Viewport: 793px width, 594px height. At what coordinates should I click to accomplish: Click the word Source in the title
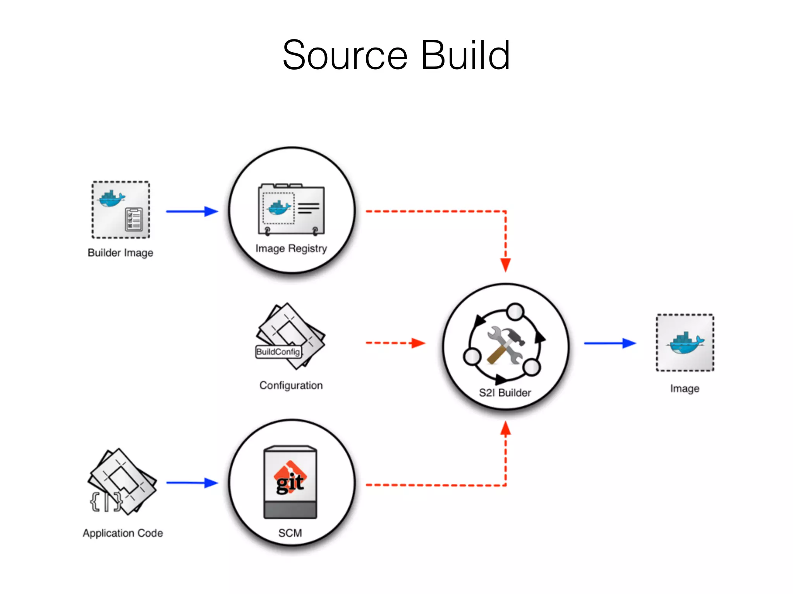[x=345, y=56]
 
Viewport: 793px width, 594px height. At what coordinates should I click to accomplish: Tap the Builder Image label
[x=120, y=253]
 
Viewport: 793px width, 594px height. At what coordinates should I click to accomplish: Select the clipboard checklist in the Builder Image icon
[x=134, y=219]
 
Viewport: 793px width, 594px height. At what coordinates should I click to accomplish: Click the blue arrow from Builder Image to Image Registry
[x=192, y=212]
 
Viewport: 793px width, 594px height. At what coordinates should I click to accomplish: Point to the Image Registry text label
[x=291, y=248]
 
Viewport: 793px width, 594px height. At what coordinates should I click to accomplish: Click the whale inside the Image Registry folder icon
[x=279, y=208]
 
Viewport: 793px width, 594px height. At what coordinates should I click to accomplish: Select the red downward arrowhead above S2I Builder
[x=505, y=265]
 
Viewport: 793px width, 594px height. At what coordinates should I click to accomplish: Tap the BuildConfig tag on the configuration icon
[x=278, y=352]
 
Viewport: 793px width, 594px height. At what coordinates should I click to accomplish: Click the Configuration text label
[x=291, y=386]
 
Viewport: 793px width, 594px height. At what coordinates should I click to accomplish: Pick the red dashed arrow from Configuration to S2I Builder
[x=395, y=343]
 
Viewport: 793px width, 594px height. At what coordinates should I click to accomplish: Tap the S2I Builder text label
[x=505, y=393]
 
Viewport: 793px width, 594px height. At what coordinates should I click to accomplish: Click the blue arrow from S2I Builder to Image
[x=609, y=343]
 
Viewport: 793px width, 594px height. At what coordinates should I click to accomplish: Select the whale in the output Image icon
[x=685, y=343]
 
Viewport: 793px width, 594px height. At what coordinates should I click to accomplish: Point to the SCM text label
[x=290, y=533]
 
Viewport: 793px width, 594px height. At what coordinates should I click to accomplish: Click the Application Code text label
[x=123, y=533]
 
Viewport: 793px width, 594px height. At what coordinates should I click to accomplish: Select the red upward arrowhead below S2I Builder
[x=505, y=428]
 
